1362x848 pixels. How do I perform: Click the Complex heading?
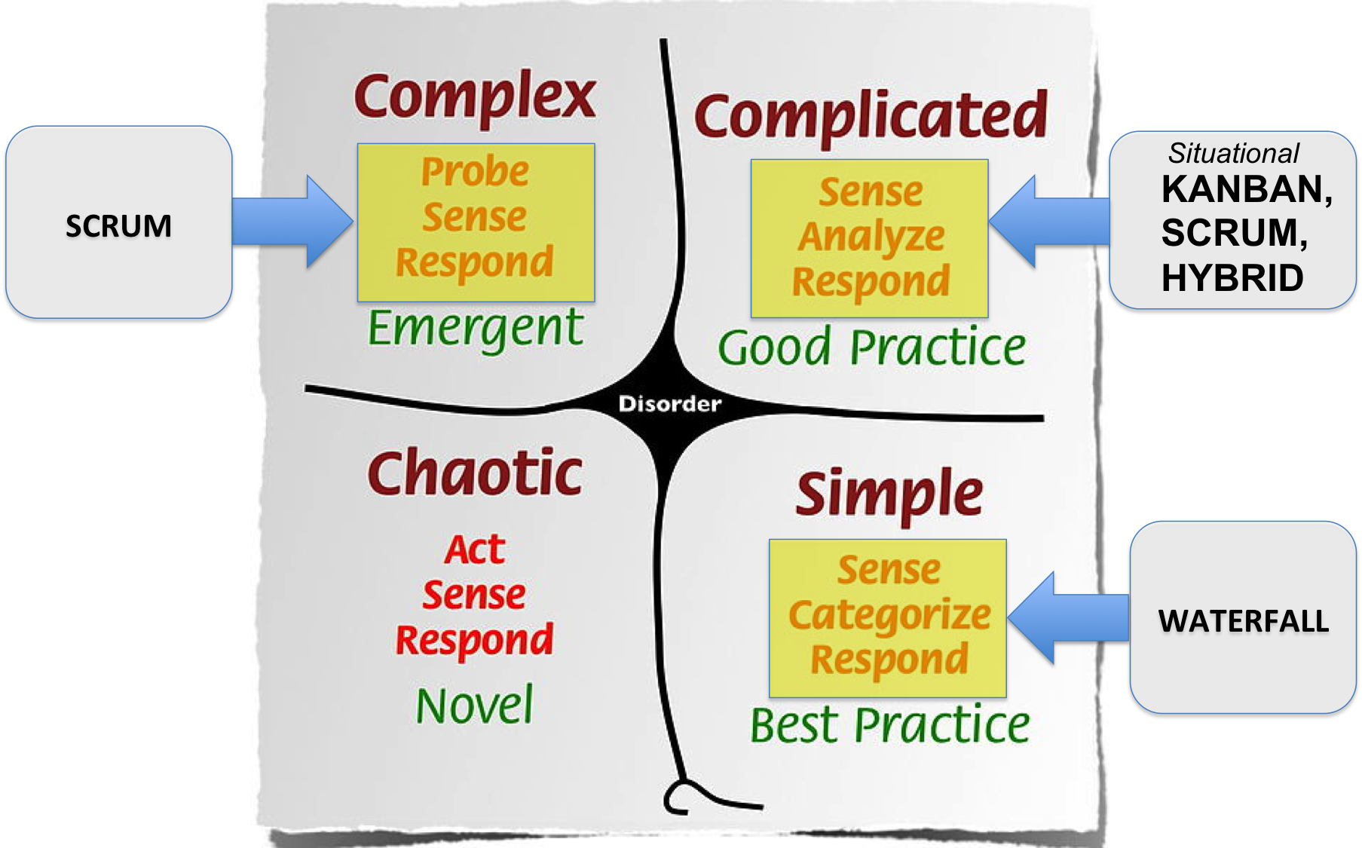click(x=475, y=96)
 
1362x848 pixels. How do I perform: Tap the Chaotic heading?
click(x=475, y=473)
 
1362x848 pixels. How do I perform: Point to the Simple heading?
click(x=889, y=494)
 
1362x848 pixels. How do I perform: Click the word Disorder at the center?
click(x=669, y=404)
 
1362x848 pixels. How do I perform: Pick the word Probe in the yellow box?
click(x=475, y=172)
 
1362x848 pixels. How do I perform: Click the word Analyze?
click(x=871, y=237)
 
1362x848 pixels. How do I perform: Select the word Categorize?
click(x=889, y=615)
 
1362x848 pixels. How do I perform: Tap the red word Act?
click(x=475, y=549)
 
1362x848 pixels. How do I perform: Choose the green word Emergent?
click(x=475, y=329)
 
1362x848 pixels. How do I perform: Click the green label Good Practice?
click(x=871, y=347)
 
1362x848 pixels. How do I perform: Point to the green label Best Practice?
click(x=889, y=725)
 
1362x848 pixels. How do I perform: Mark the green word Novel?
click(x=475, y=706)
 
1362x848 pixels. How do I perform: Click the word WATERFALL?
click(x=1244, y=621)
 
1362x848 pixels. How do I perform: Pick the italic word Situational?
click(x=1233, y=154)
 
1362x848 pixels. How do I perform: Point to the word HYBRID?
click(x=1232, y=278)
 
